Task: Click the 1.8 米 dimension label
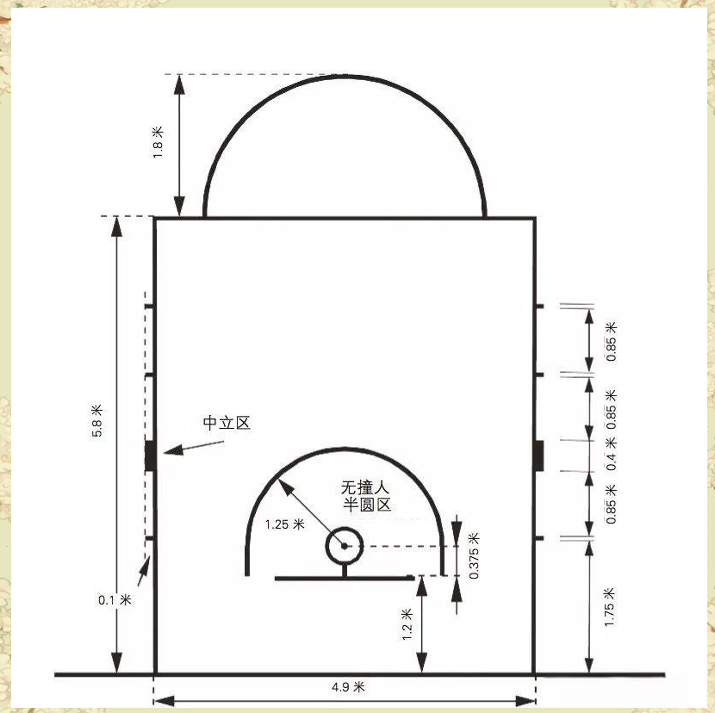pos(158,142)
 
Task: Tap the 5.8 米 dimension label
pos(97,420)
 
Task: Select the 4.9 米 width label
pos(348,686)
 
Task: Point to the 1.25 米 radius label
pos(284,524)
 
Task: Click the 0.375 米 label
pos(474,555)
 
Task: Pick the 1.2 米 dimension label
pos(407,623)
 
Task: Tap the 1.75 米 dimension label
pos(609,607)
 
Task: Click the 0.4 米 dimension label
pos(611,454)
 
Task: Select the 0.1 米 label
pos(115,599)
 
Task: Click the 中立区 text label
pos(227,423)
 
